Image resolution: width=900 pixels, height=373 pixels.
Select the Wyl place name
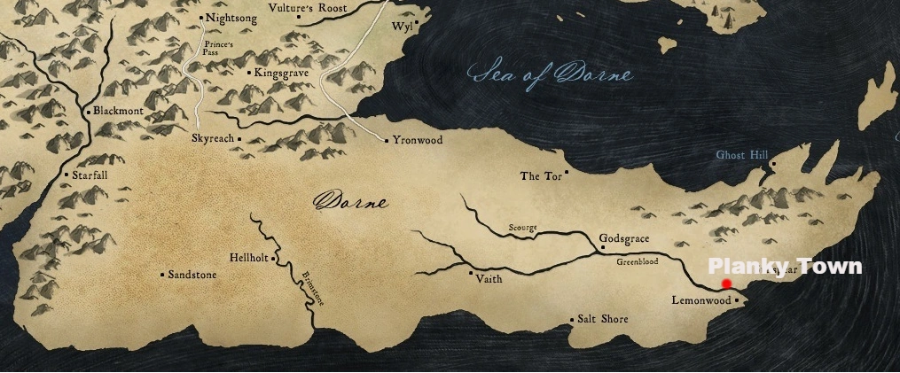(402, 27)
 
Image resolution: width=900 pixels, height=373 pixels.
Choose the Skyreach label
(212, 140)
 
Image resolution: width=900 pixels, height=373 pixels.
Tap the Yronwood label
(418, 141)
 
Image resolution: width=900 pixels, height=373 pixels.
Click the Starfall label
(90, 175)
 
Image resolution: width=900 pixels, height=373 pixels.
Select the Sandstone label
(192, 275)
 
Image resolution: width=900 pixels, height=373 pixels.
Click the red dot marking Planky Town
(726, 284)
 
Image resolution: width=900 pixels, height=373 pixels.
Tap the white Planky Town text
(784, 267)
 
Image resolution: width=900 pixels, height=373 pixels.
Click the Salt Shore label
(603, 319)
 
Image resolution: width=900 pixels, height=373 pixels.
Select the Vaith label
(489, 278)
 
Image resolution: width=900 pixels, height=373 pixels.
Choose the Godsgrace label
(625, 239)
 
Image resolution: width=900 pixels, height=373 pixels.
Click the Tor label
(539, 176)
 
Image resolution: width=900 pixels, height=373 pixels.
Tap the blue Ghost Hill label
(741, 155)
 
